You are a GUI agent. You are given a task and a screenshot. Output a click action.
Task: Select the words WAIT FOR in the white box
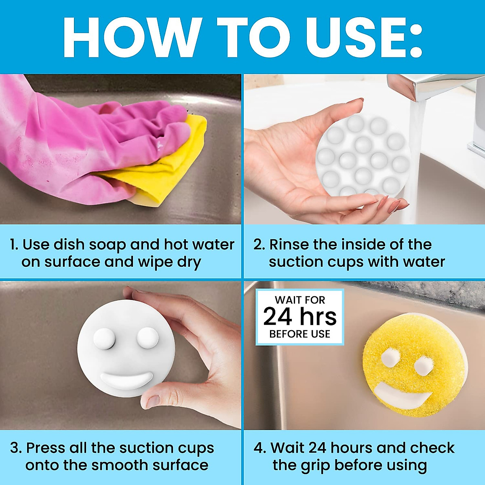[300, 300]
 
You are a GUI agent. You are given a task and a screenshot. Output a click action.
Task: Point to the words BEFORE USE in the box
[300, 334]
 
